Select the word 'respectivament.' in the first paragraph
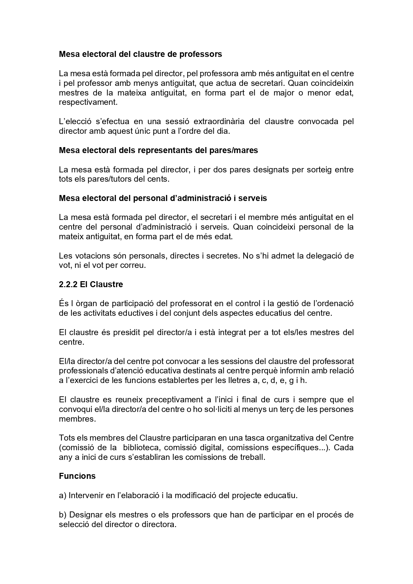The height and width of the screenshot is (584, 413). [x=88, y=102]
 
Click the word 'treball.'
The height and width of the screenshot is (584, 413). [x=252, y=457]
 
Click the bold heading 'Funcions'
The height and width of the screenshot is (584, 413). [x=77, y=476]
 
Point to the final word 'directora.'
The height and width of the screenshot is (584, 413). [x=159, y=524]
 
